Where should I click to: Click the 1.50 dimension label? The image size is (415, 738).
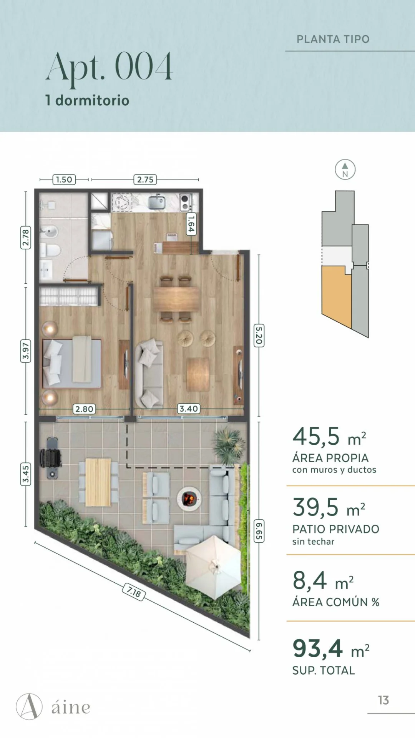point(64,180)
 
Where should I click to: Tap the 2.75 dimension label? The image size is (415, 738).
point(145,180)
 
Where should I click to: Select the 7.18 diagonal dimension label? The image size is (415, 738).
point(134,592)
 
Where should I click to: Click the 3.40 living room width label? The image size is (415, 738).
point(189,409)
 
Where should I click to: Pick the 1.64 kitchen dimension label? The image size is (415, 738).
point(191,224)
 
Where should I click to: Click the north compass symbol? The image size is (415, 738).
point(345,170)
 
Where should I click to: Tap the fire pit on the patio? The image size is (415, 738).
point(189,499)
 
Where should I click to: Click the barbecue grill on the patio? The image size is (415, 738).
point(51,458)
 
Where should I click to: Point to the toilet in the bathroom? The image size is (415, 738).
point(50,250)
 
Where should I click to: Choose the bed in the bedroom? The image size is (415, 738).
point(72,363)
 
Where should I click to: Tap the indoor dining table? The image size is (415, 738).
point(176,299)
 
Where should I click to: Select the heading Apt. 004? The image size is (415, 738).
point(110,67)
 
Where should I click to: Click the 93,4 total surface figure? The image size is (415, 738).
point(317,649)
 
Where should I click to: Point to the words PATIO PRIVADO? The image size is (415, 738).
point(336,529)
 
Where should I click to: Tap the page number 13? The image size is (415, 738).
point(383,700)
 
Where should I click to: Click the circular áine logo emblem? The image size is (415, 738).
point(29,706)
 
